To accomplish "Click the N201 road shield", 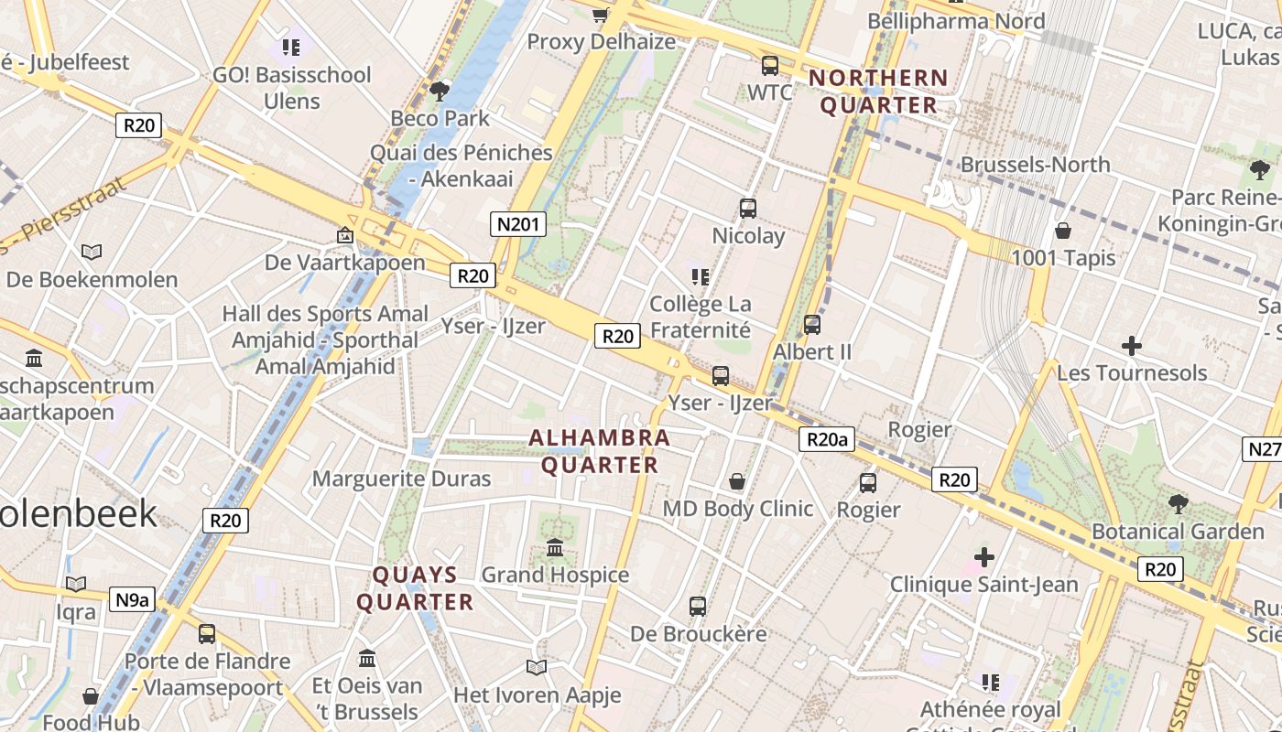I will click(518, 224).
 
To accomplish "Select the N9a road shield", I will click(132, 600).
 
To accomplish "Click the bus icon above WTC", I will click(769, 66).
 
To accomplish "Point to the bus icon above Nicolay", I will click(748, 209).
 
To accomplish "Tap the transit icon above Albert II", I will click(811, 325).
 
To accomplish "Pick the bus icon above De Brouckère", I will click(698, 606).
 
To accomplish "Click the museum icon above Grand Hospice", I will click(555, 548).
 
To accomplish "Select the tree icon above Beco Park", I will click(440, 91).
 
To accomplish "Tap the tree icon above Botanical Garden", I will click(1179, 503).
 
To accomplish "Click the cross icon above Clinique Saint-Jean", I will click(984, 556).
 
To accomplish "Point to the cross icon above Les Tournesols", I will click(1132, 346).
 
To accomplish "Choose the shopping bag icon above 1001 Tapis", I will click(1063, 231).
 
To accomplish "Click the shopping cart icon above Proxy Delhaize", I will click(601, 15).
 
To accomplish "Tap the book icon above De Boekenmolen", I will click(92, 252).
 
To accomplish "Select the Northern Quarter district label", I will click(878, 91).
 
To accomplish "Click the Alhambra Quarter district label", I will click(600, 451).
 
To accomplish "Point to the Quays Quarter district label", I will click(415, 588).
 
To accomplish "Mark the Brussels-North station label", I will click(1035, 165).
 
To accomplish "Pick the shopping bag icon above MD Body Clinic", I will click(737, 481).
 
